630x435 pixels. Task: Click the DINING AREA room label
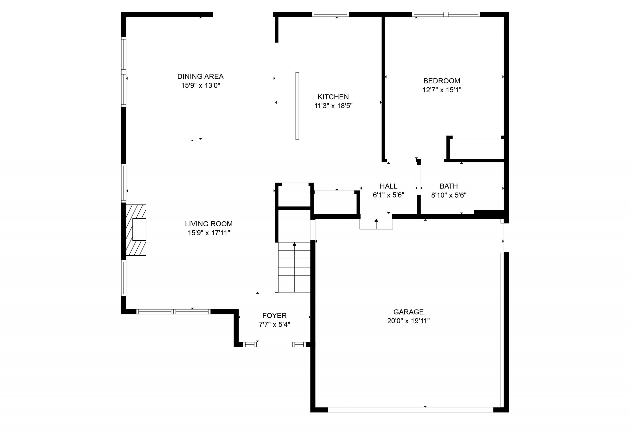click(x=200, y=76)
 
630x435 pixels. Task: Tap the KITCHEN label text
click(x=333, y=97)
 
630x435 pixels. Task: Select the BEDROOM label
click(x=442, y=81)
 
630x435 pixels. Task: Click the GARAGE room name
click(x=408, y=312)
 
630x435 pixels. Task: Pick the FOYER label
click(x=274, y=316)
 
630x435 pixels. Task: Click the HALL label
click(x=389, y=186)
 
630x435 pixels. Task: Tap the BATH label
click(x=449, y=186)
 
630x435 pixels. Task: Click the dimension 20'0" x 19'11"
click(x=408, y=321)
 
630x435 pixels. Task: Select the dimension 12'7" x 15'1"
click(x=442, y=90)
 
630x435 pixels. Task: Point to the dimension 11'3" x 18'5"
click(x=333, y=106)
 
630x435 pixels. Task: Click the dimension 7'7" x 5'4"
click(x=274, y=325)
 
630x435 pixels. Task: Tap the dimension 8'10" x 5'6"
click(x=449, y=195)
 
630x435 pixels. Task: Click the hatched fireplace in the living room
click(x=136, y=230)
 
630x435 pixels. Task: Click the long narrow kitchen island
click(x=298, y=106)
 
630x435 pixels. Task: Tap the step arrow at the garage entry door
click(x=377, y=223)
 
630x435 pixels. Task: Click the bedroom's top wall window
click(x=446, y=15)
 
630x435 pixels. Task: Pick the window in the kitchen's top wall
click(x=331, y=15)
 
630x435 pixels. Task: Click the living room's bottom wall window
click(x=173, y=311)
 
